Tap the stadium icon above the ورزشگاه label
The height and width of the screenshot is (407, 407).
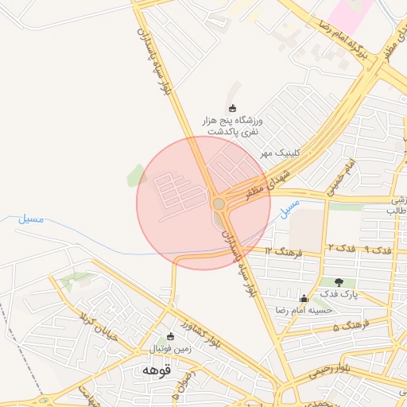[x=232, y=109]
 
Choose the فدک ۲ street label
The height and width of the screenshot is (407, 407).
[x=339, y=250]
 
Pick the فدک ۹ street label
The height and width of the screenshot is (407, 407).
[x=378, y=250]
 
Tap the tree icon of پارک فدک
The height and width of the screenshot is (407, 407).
[x=339, y=281]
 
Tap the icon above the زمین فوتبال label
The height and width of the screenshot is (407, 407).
[x=169, y=337]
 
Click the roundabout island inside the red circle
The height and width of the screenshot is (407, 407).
[x=219, y=204]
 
